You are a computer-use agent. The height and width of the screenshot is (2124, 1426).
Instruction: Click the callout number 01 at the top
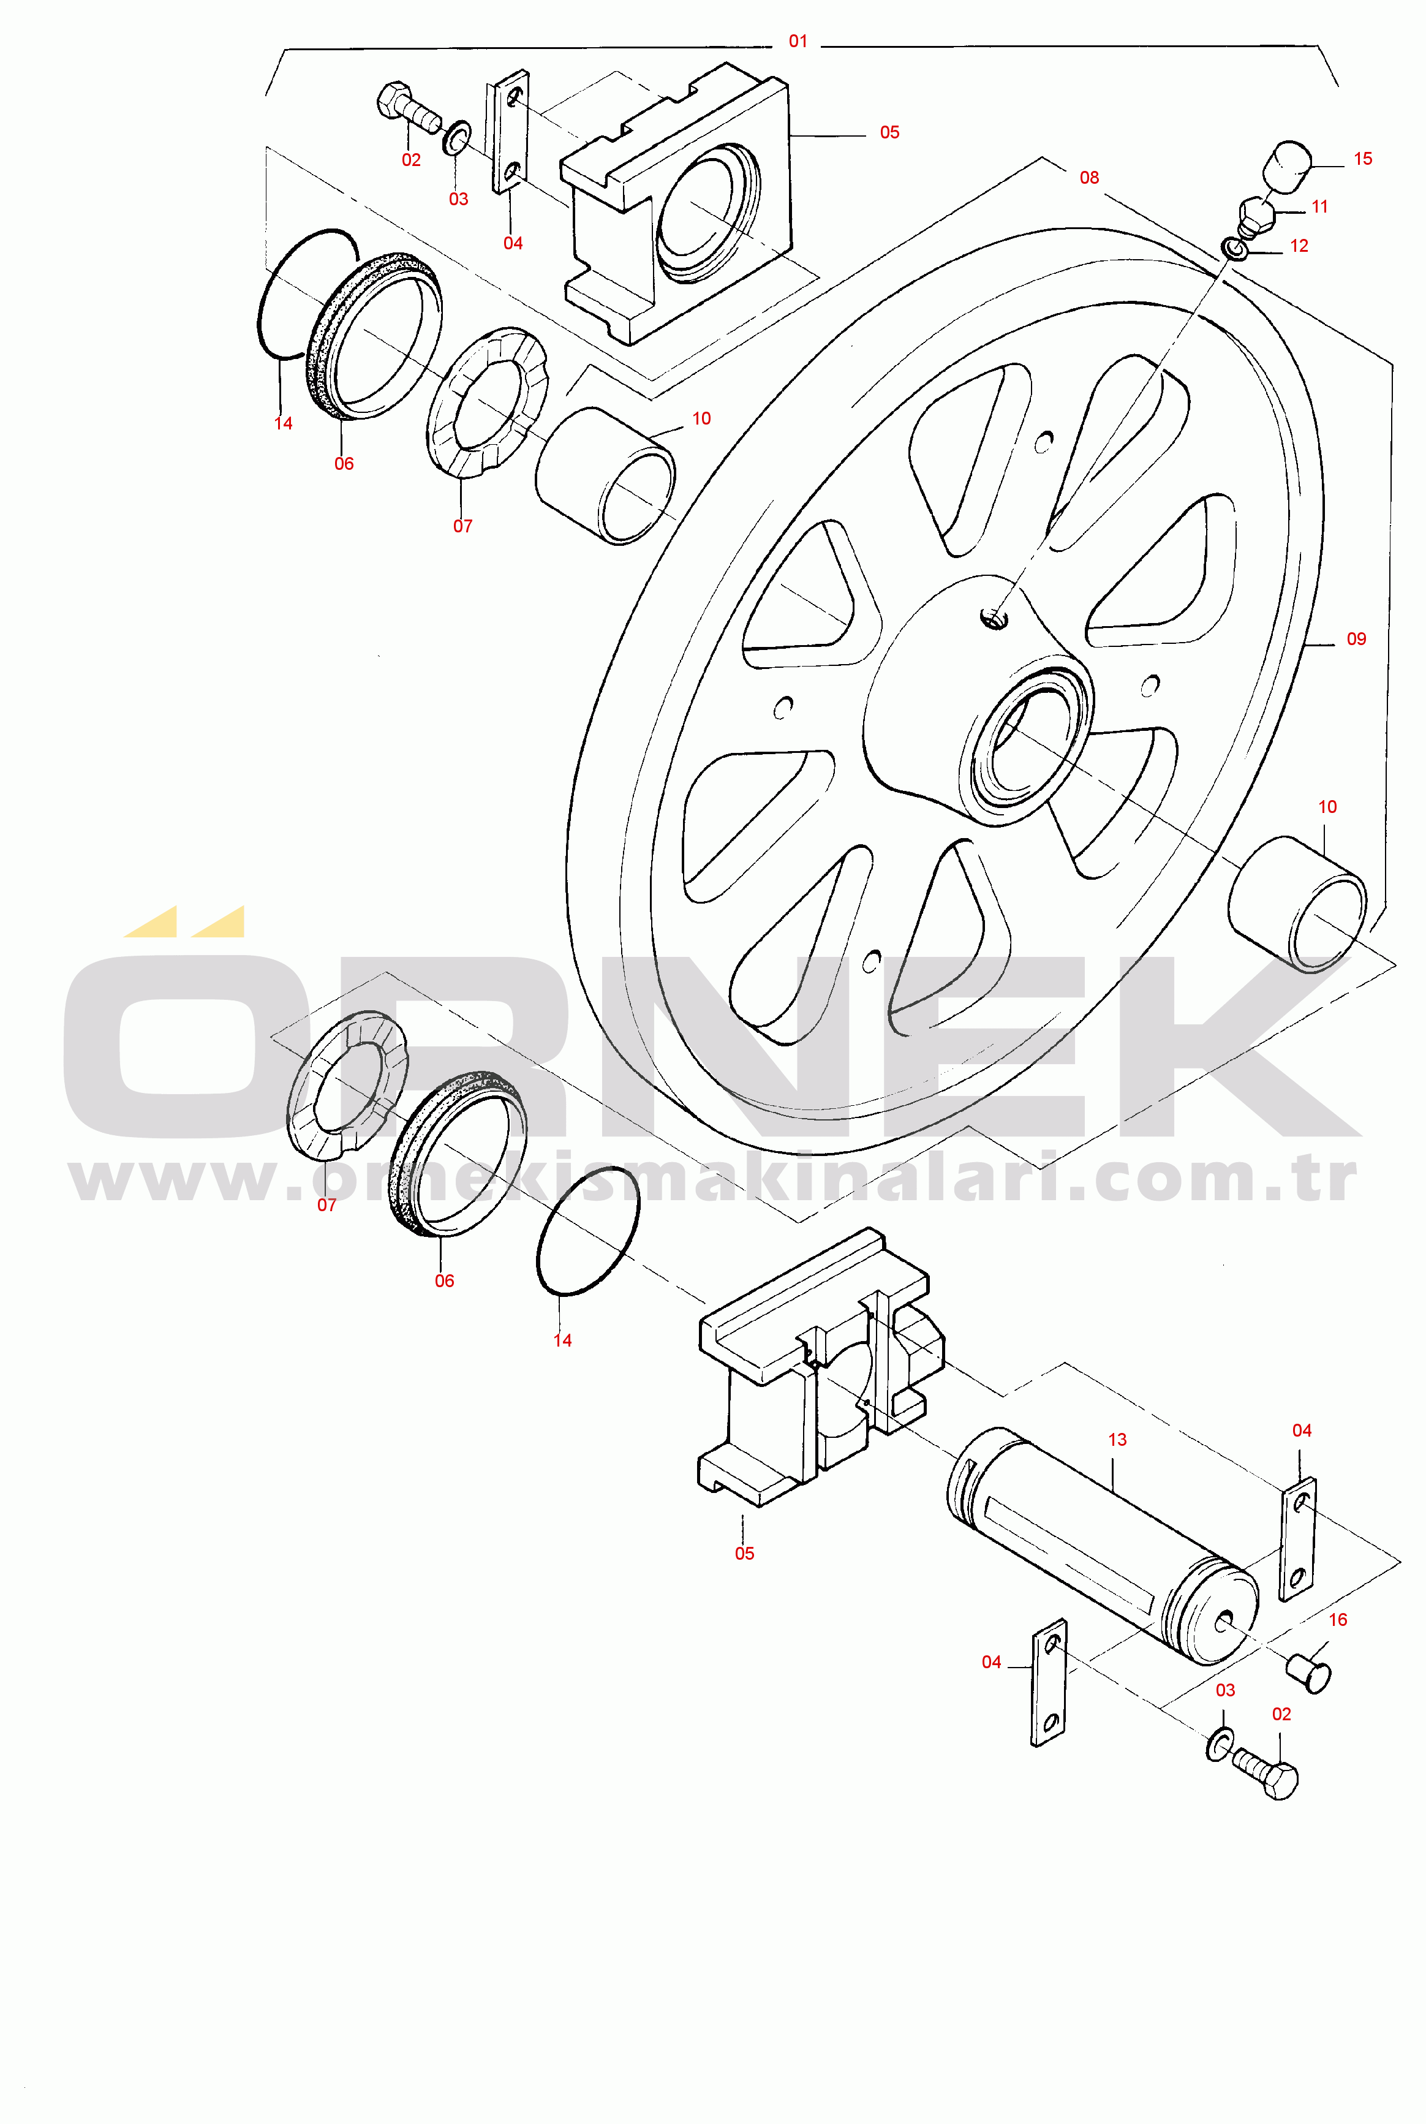798,41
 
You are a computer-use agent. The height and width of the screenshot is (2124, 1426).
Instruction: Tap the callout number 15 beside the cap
1362,159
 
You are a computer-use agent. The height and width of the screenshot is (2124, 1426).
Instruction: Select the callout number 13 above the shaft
1117,1440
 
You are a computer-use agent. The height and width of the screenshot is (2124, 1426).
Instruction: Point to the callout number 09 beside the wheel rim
1356,640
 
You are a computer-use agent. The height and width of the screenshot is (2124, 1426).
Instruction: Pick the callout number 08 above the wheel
1088,178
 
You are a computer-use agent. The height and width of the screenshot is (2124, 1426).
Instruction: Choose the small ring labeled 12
1232,248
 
